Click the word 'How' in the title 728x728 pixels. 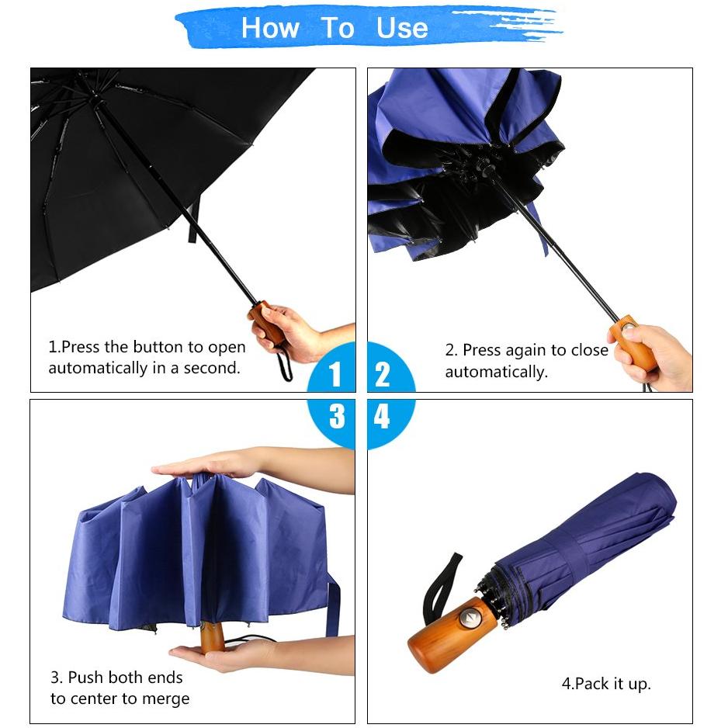coord(270,28)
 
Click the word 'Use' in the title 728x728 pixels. coord(402,28)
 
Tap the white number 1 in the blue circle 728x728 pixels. coord(335,374)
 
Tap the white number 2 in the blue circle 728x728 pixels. coord(382,374)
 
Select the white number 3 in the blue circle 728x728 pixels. coord(337,416)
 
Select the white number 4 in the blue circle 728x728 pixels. coord(382,416)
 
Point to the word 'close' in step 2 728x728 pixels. coord(589,349)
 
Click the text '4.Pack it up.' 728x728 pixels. coord(606,684)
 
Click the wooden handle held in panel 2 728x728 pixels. coord(633,341)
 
